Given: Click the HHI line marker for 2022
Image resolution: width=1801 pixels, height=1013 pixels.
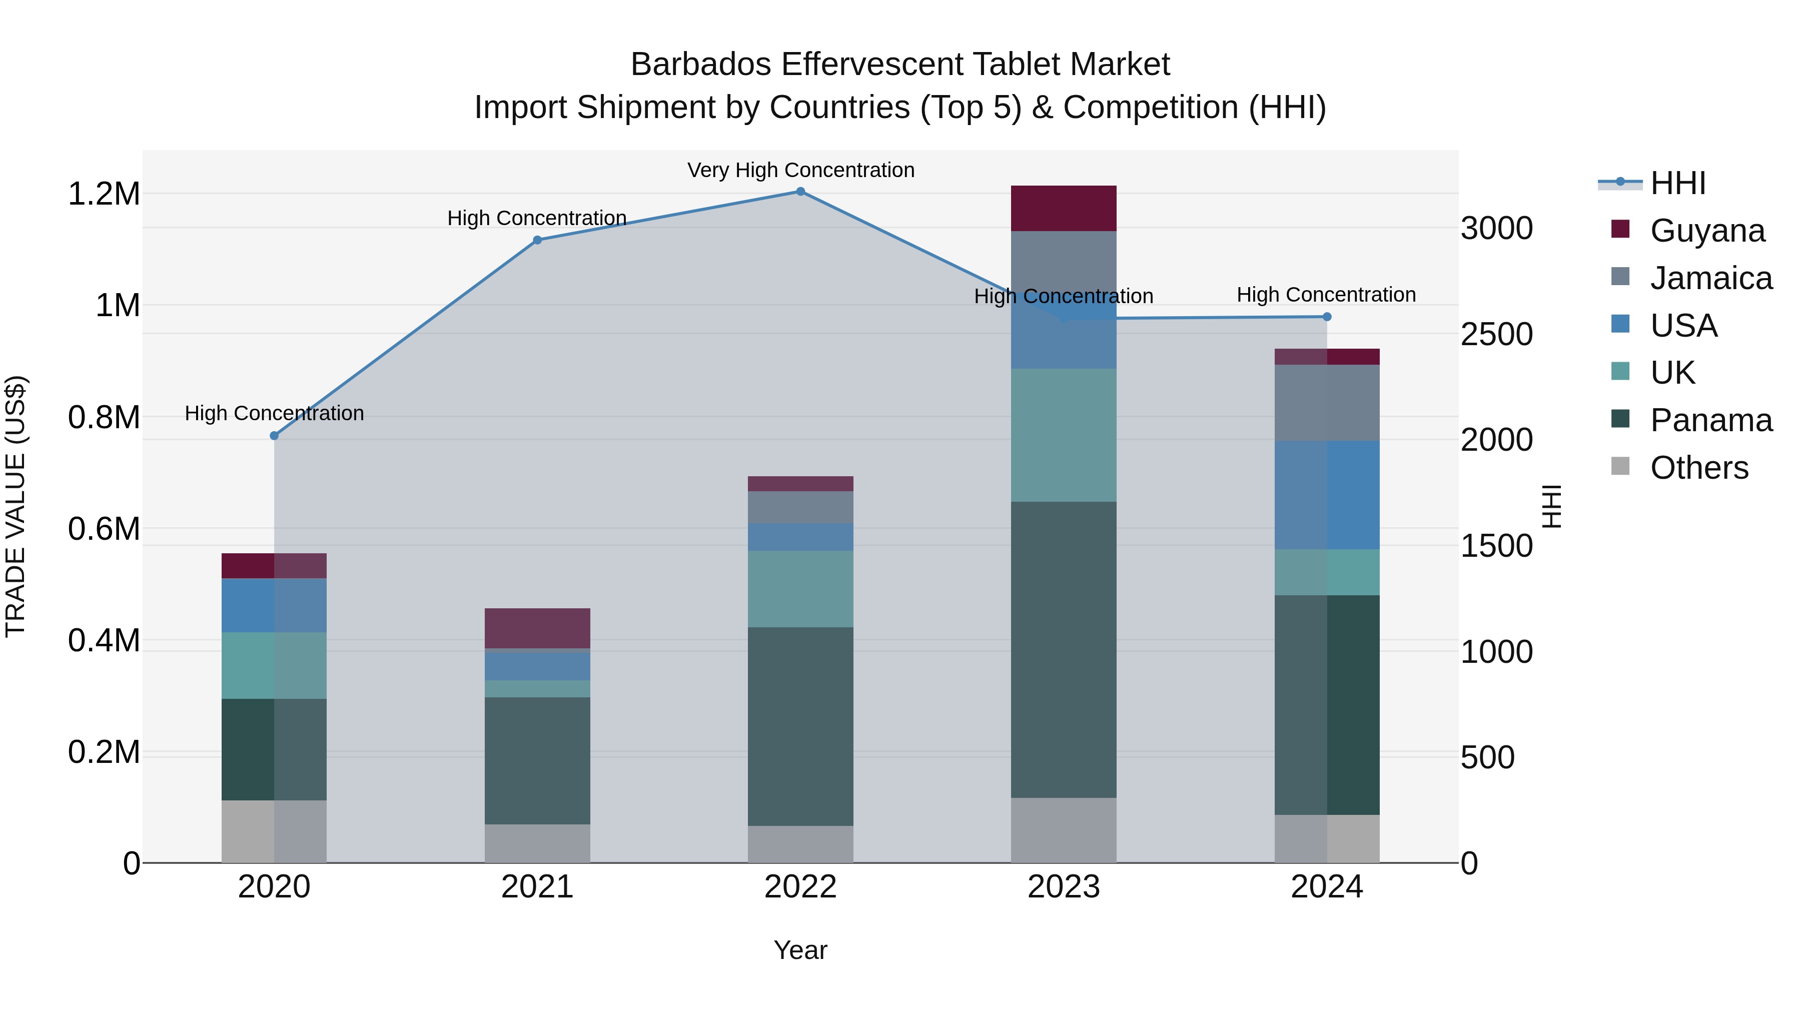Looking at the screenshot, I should [x=800, y=192].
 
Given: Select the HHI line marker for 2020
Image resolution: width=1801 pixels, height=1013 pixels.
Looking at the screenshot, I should [x=274, y=436].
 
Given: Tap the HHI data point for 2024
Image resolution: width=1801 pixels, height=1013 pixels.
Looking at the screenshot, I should [x=1327, y=317].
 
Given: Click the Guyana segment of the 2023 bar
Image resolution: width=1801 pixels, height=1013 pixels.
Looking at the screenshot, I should [x=1064, y=208].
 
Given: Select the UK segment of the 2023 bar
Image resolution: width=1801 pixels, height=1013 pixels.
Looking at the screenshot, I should [x=1064, y=435].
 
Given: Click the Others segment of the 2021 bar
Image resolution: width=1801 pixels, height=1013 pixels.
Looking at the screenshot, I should [x=537, y=843].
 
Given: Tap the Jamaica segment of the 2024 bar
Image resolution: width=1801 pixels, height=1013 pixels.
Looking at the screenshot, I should [x=1327, y=403].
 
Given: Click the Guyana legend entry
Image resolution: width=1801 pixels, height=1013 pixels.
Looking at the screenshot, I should [x=1706, y=231].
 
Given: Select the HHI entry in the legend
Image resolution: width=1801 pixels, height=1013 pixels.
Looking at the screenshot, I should [x=1677, y=183].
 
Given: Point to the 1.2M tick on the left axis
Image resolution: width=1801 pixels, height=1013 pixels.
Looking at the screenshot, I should [x=104, y=194].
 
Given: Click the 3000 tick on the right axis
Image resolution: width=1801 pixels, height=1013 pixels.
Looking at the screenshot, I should [x=1497, y=229].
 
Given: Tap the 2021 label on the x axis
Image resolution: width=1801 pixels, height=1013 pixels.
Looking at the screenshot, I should [x=537, y=887].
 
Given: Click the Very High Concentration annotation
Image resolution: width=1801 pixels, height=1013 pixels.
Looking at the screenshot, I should [x=800, y=170].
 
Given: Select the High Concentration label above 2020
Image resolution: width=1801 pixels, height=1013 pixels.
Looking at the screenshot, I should [x=274, y=413].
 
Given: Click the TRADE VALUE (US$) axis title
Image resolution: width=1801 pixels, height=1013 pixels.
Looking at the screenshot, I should [x=16, y=506].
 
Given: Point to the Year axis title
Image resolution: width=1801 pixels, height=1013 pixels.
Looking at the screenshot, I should [x=800, y=950].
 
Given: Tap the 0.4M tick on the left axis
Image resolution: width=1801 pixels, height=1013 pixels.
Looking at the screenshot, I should [x=104, y=640].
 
